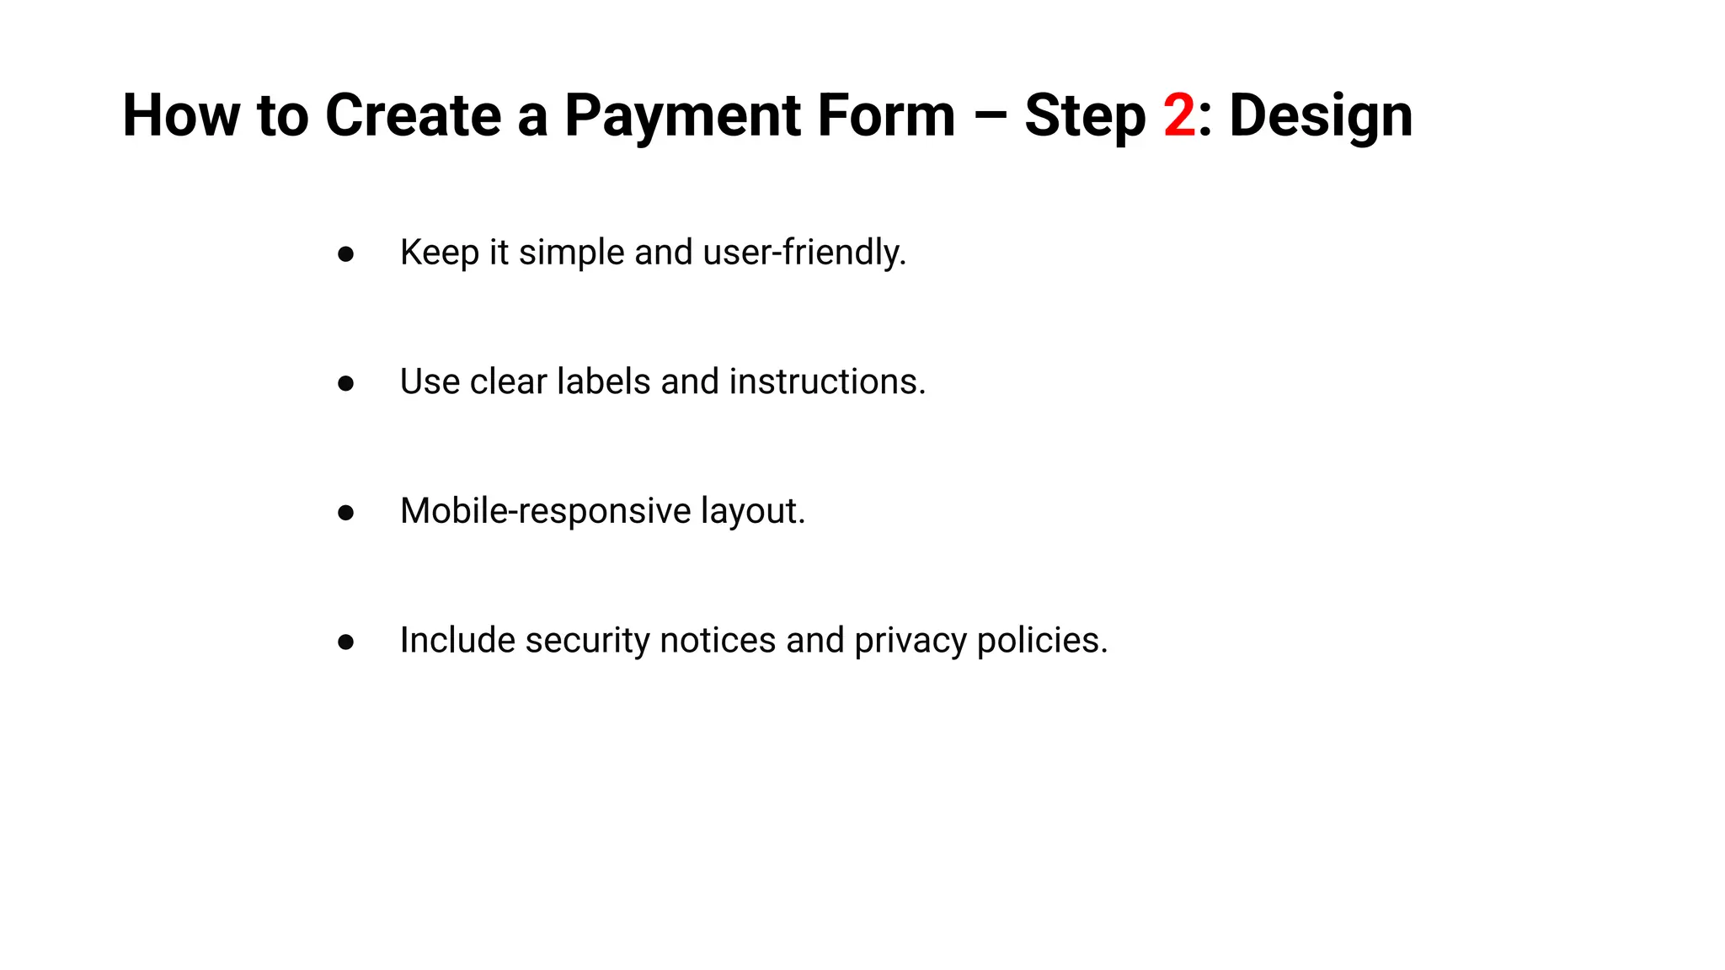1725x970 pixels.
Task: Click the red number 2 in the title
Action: tap(1179, 115)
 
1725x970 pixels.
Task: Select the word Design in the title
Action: tap(1321, 115)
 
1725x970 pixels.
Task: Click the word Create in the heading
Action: tap(414, 115)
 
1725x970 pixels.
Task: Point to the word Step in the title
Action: tap(1085, 115)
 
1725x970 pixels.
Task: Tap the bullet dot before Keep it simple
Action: tap(345, 253)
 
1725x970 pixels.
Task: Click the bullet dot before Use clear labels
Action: tap(345, 383)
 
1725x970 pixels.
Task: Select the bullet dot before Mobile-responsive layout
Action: tap(345, 512)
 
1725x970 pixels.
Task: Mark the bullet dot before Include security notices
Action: tap(345, 642)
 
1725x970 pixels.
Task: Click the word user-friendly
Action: tap(804, 253)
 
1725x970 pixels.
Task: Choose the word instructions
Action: tap(827, 381)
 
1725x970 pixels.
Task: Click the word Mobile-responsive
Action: tap(546, 511)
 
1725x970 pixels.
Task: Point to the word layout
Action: tap(753, 511)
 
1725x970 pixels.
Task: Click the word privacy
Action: tap(910, 641)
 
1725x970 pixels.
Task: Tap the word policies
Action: tap(1042, 641)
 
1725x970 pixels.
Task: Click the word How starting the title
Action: tap(181, 115)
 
